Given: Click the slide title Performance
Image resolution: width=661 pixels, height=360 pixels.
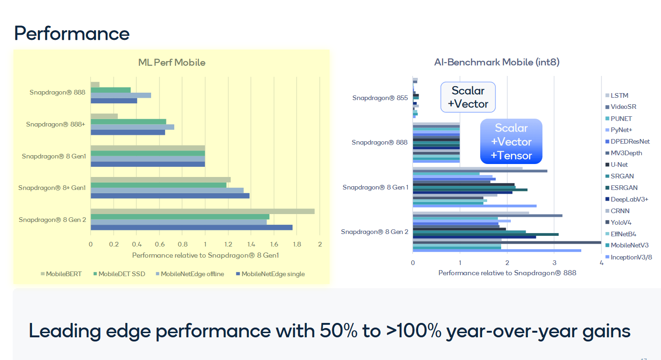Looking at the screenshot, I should pyautogui.click(x=72, y=34).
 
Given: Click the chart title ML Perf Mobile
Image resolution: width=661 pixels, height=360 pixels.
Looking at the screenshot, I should pyautogui.click(x=172, y=62).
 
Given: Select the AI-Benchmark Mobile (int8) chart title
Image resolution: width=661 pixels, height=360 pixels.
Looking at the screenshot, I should pyautogui.click(x=496, y=62).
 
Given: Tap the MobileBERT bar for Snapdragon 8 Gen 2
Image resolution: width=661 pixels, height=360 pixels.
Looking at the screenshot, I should pyautogui.click(x=202, y=211).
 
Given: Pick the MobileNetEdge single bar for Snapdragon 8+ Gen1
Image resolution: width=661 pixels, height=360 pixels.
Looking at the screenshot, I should pyautogui.click(x=170, y=196).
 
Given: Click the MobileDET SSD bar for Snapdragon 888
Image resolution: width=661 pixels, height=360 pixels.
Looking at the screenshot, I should pyautogui.click(x=110, y=90).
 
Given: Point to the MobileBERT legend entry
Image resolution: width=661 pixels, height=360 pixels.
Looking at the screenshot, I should pyautogui.click(x=61, y=274).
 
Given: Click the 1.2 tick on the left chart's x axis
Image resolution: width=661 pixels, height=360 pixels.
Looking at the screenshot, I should pyautogui.click(x=228, y=244).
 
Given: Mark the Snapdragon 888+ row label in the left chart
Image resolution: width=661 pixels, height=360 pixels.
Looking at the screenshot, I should pyautogui.click(x=56, y=124).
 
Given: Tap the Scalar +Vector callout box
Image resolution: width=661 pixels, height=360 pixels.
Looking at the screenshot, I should pyautogui.click(x=468, y=97).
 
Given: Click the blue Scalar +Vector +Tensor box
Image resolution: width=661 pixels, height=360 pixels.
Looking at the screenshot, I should pyautogui.click(x=511, y=142).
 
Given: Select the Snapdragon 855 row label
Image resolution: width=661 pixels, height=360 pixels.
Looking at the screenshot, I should pyautogui.click(x=380, y=98).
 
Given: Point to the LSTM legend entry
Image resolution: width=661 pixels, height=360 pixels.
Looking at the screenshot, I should pyautogui.click(x=619, y=95).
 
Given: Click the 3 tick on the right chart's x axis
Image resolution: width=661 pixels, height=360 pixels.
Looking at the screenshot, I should pyautogui.click(x=554, y=263).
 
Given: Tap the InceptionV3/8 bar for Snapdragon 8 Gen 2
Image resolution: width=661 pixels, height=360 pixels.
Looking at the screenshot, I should pyautogui.click(x=496, y=251).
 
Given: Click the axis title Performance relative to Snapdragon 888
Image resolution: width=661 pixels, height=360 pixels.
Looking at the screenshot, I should pyautogui.click(x=507, y=273).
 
